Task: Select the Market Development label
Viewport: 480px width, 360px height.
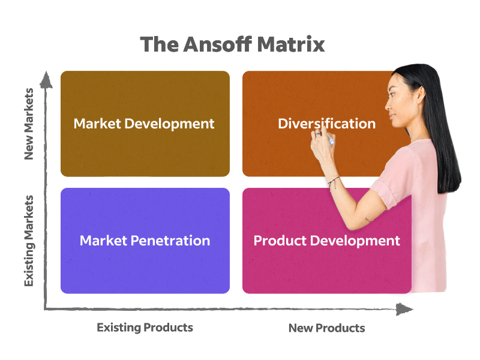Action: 144,124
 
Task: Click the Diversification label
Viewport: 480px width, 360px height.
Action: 326,124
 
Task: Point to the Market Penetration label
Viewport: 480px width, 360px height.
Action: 145,241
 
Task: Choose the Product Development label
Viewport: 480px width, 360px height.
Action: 326,241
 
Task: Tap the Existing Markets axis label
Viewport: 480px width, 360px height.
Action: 29,240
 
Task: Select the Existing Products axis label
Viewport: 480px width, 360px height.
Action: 145,327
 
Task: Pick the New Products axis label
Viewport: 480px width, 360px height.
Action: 326,328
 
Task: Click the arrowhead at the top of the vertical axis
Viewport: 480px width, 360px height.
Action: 44,77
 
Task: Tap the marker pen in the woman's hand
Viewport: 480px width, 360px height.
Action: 329,140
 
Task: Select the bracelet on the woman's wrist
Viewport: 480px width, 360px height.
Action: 334,179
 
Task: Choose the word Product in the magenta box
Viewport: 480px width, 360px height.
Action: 280,241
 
